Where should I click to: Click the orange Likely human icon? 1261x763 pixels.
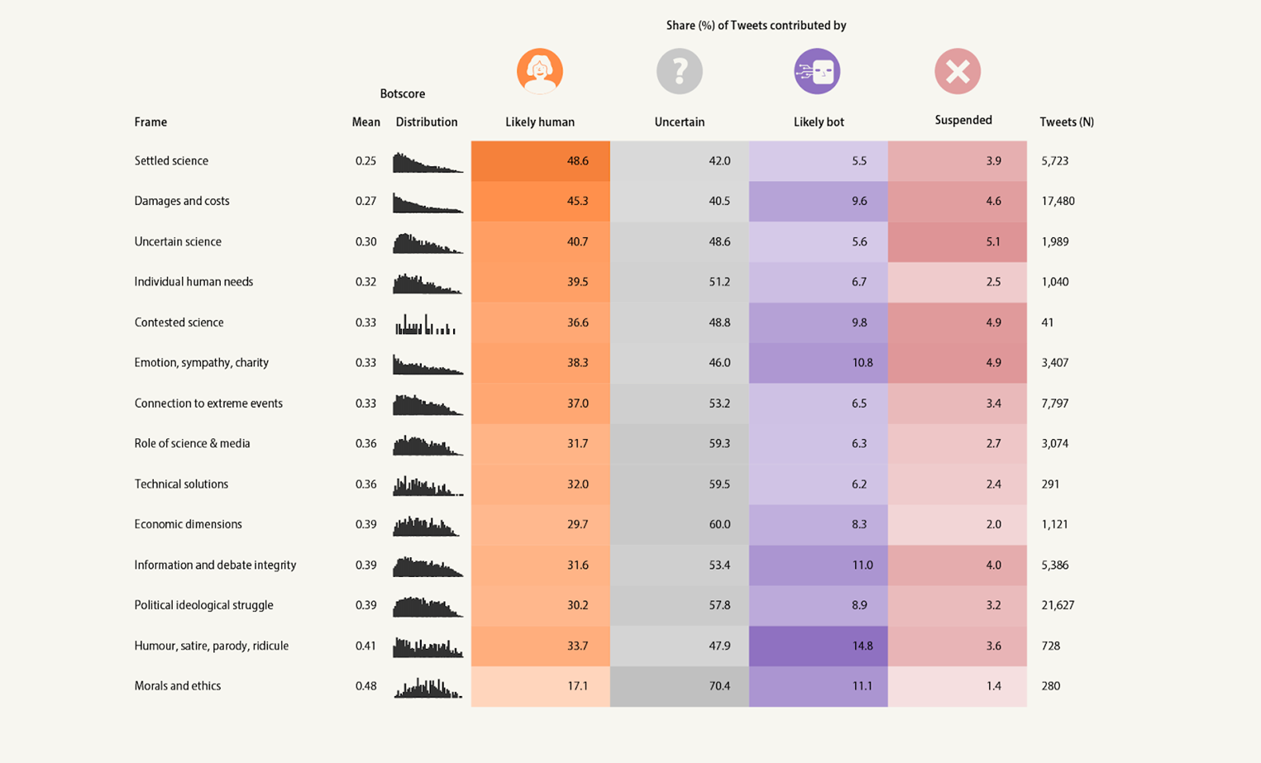(x=540, y=71)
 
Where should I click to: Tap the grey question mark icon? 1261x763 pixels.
(x=680, y=71)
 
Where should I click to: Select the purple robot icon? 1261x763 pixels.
(x=817, y=71)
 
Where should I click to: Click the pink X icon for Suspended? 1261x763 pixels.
(x=958, y=71)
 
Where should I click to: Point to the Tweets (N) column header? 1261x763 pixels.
(x=1066, y=122)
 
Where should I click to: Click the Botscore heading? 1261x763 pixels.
(x=402, y=94)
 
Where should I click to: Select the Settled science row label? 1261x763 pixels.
(x=171, y=161)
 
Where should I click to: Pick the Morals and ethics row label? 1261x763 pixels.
(x=178, y=686)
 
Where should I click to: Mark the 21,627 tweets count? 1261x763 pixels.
(x=1058, y=605)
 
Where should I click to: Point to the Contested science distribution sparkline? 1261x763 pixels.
(x=426, y=323)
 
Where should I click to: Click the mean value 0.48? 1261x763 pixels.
(x=365, y=686)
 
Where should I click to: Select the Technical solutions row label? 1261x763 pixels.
(x=181, y=484)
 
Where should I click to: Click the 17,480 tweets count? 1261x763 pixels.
(x=1058, y=201)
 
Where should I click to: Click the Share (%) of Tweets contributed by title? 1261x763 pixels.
(x=756, y=26)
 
